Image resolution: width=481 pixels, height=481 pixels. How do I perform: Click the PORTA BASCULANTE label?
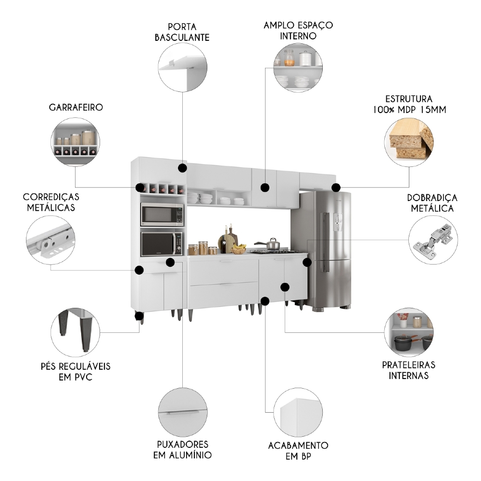tap(182, 31)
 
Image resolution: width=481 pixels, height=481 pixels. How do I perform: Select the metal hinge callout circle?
tap(433, 240)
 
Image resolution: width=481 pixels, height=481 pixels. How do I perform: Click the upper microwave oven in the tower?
tap(162, 215)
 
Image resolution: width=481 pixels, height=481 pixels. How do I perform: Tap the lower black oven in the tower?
tap(161, 244)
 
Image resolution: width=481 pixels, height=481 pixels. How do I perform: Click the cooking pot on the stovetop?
tap(270, 244)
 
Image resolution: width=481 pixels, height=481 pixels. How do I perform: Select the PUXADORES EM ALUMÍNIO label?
tap(182, 449)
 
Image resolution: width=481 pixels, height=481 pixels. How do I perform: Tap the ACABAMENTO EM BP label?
tap(298, 451)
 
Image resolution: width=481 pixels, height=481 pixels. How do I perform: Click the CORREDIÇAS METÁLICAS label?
tap(51, 203)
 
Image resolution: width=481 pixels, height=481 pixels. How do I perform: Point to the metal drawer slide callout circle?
tap(51, 239)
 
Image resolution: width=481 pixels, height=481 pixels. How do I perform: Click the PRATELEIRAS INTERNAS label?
tap(408, 370)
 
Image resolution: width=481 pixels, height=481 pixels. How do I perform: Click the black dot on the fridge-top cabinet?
tap(336, 187)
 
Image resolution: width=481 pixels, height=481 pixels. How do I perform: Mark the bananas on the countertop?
tap(238, 249)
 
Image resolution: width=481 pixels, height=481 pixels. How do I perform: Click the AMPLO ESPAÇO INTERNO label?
tap(298, 30)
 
